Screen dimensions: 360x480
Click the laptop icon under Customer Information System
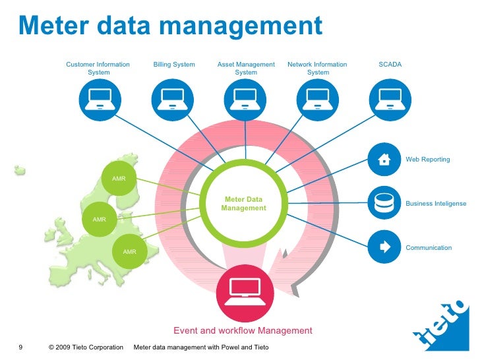pos(98,100)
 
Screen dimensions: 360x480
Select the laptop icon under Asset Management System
pos(245,100)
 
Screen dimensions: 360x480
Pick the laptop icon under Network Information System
pos(317,100)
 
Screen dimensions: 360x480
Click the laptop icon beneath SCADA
pos(389,100)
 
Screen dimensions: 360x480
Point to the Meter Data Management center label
pos(244,204)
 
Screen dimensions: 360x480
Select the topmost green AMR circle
pos(119,179)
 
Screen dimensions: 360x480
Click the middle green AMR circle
pos(99,219)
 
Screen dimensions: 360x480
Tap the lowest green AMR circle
pos(129,252)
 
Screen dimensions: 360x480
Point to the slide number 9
pos(20,347)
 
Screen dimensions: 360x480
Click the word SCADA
pos(390,65)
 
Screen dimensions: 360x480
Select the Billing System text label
pos(174,65)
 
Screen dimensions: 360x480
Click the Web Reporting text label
pos(427,160)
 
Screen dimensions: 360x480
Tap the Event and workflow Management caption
pos(243,330)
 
